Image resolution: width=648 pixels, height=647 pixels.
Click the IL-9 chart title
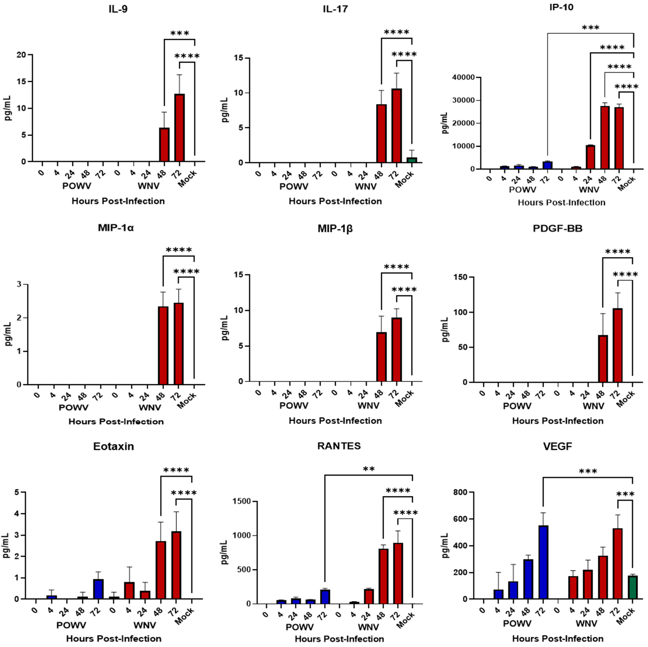[x=118, y=9]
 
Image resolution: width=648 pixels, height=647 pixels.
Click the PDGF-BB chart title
[x=557, y=229]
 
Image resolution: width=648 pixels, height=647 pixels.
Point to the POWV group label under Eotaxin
[x=71, y=625]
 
